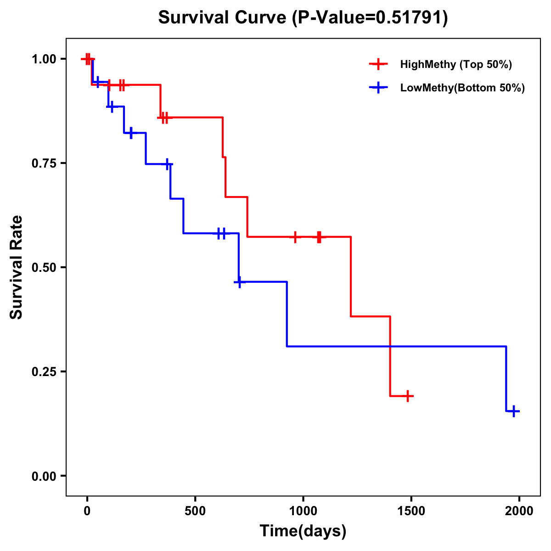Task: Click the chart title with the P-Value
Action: point(303,17)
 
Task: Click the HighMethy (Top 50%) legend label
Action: point(456,64)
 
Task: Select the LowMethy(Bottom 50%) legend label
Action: point(462,88)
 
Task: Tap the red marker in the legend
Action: point(378,64)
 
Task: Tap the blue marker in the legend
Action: point(378,88)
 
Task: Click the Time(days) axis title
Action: point(303,531)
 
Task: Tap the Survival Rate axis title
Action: point(17,267)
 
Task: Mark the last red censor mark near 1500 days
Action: point(407,396)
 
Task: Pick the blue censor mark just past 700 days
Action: point(239,282)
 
